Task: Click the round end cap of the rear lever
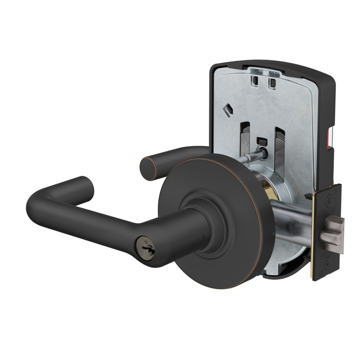coord(148,169)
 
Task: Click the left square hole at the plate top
coord(256,81)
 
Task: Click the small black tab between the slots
coord(261,142)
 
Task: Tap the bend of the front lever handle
coord(42,208)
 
